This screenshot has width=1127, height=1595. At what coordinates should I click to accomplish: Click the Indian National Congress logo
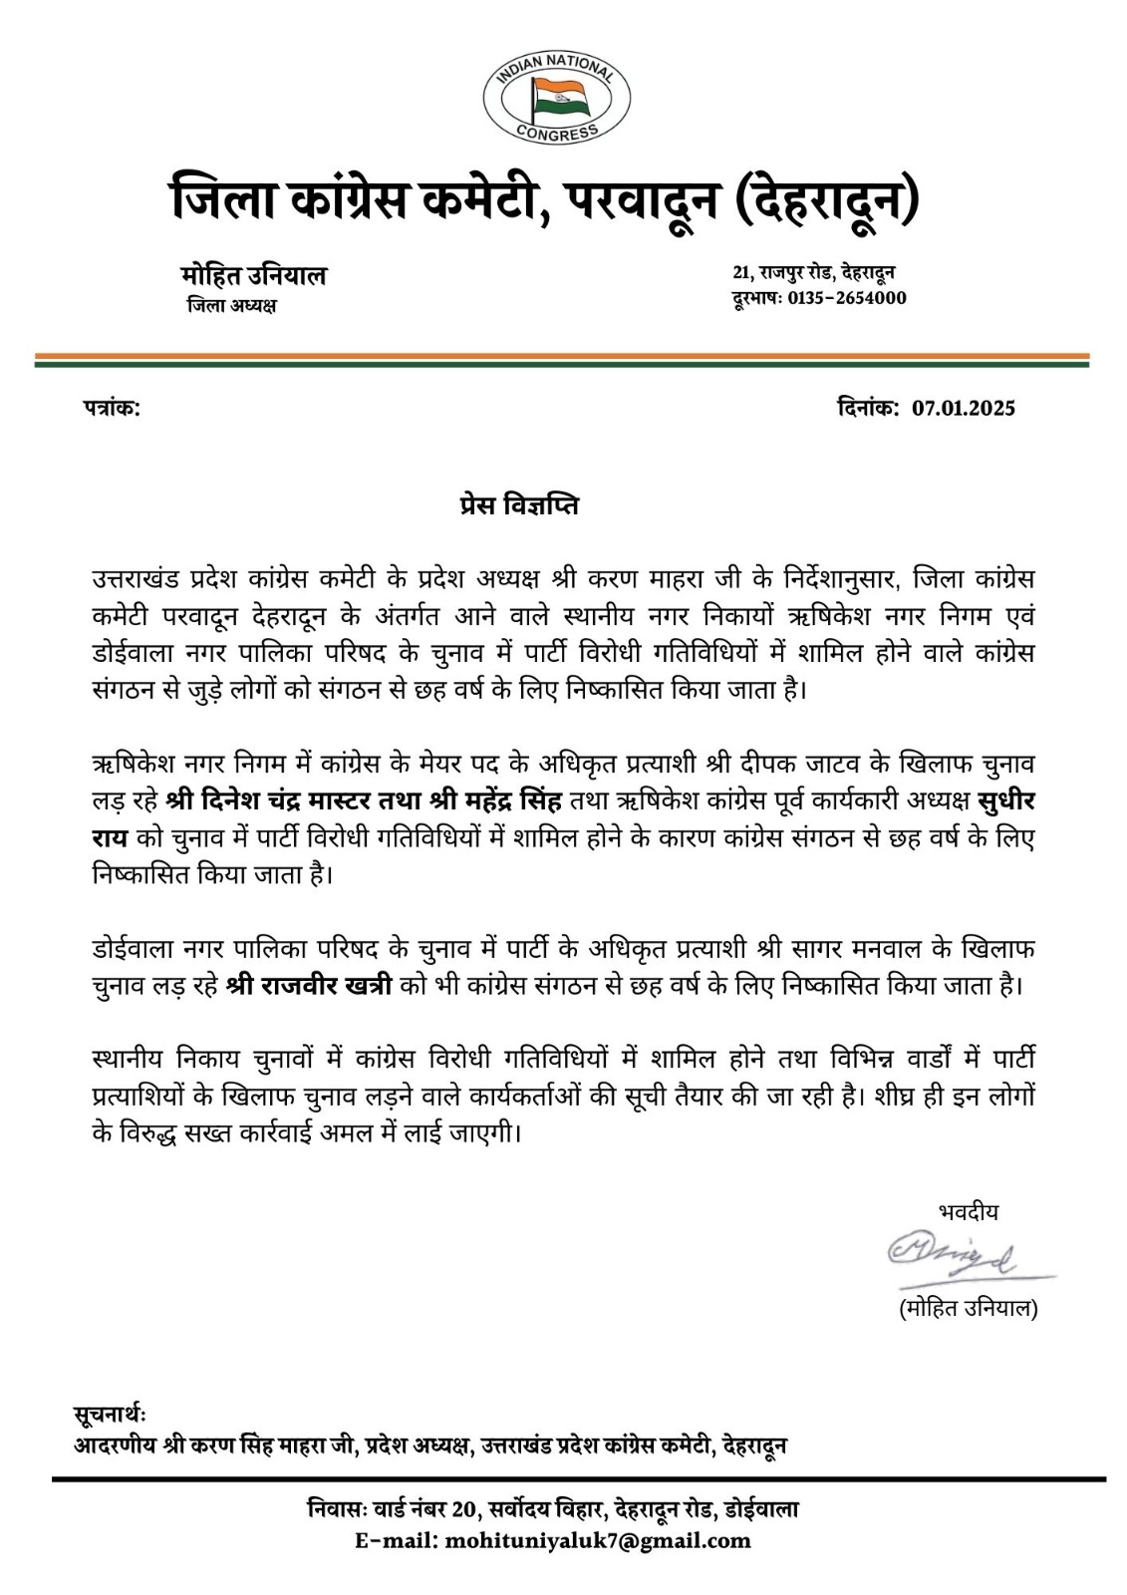(555, 96)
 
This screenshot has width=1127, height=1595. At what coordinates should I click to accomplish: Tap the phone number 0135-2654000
(847, 298)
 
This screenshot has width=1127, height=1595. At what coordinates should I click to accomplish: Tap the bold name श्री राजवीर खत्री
(310, 986)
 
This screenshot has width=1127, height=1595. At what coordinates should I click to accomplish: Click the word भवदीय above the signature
(968, 1212)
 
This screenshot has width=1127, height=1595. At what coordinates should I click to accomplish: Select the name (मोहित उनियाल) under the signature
(968, 1309)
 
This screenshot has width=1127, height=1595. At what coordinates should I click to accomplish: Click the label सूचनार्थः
(110, 1415)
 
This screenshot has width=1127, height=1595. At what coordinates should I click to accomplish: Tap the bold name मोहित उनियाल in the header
(253, 275)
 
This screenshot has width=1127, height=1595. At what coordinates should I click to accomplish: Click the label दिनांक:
(864, 408)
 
